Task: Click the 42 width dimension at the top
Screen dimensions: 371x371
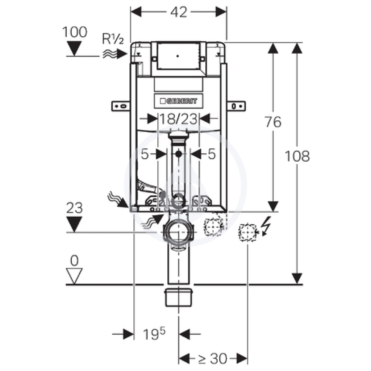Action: tap(179, 12)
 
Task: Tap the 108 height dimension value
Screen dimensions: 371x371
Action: tap(297, 156)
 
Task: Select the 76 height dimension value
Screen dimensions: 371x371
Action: tap(273, 122)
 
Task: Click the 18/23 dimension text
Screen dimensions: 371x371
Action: tap(178, 119)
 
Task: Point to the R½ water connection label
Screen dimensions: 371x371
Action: tap(113, 38)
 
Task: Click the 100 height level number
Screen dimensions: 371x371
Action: tap(75, 32)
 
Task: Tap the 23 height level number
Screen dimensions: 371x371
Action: tap(74, 208)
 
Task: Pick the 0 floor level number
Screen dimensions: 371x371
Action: tap(74, 260)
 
